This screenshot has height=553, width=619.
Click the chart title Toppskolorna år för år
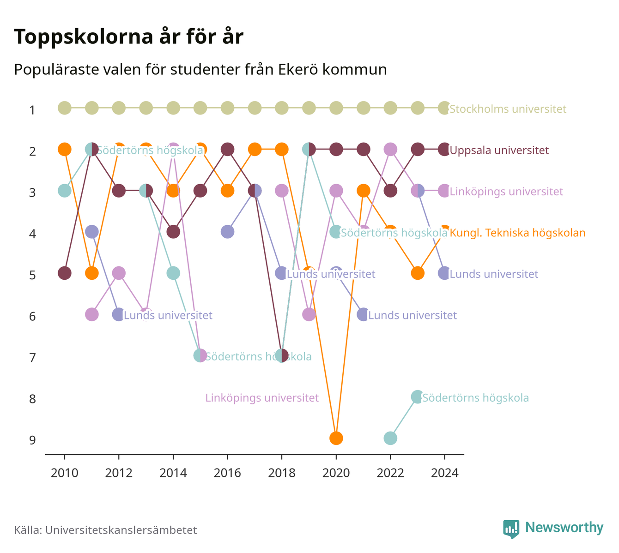(x=128, y=37)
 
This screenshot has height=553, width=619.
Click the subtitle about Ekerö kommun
(x=200, y=70)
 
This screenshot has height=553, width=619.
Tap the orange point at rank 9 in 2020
(x=336, y=438)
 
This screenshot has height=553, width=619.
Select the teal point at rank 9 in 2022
(x=390, y=438)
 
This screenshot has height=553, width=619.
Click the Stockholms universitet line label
(x=508, y=109)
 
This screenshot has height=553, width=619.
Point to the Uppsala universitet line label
(x=499, y=150)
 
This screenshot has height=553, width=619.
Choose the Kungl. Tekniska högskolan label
(x=517, y=233)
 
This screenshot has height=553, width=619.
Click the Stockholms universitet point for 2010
(x=65, y=108)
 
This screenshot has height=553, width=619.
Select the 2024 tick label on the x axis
(x=444, y=473)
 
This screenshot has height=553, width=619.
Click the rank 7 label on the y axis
(x=32, y=358)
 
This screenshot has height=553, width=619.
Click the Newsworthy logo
(x=553, y=529)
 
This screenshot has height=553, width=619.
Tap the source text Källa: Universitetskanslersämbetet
(x=105, y=530)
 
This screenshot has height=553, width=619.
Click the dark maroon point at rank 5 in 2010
(x=65, y=273)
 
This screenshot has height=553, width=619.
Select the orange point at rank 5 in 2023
(x=417, y=273)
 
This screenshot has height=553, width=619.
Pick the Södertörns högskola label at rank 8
(x=475, y=398)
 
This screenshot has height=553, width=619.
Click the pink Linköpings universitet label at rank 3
(x=506, y=192)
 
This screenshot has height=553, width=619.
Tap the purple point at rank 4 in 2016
(x=227, y=232)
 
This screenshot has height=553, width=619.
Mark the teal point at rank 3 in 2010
(x=65, y=191)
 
